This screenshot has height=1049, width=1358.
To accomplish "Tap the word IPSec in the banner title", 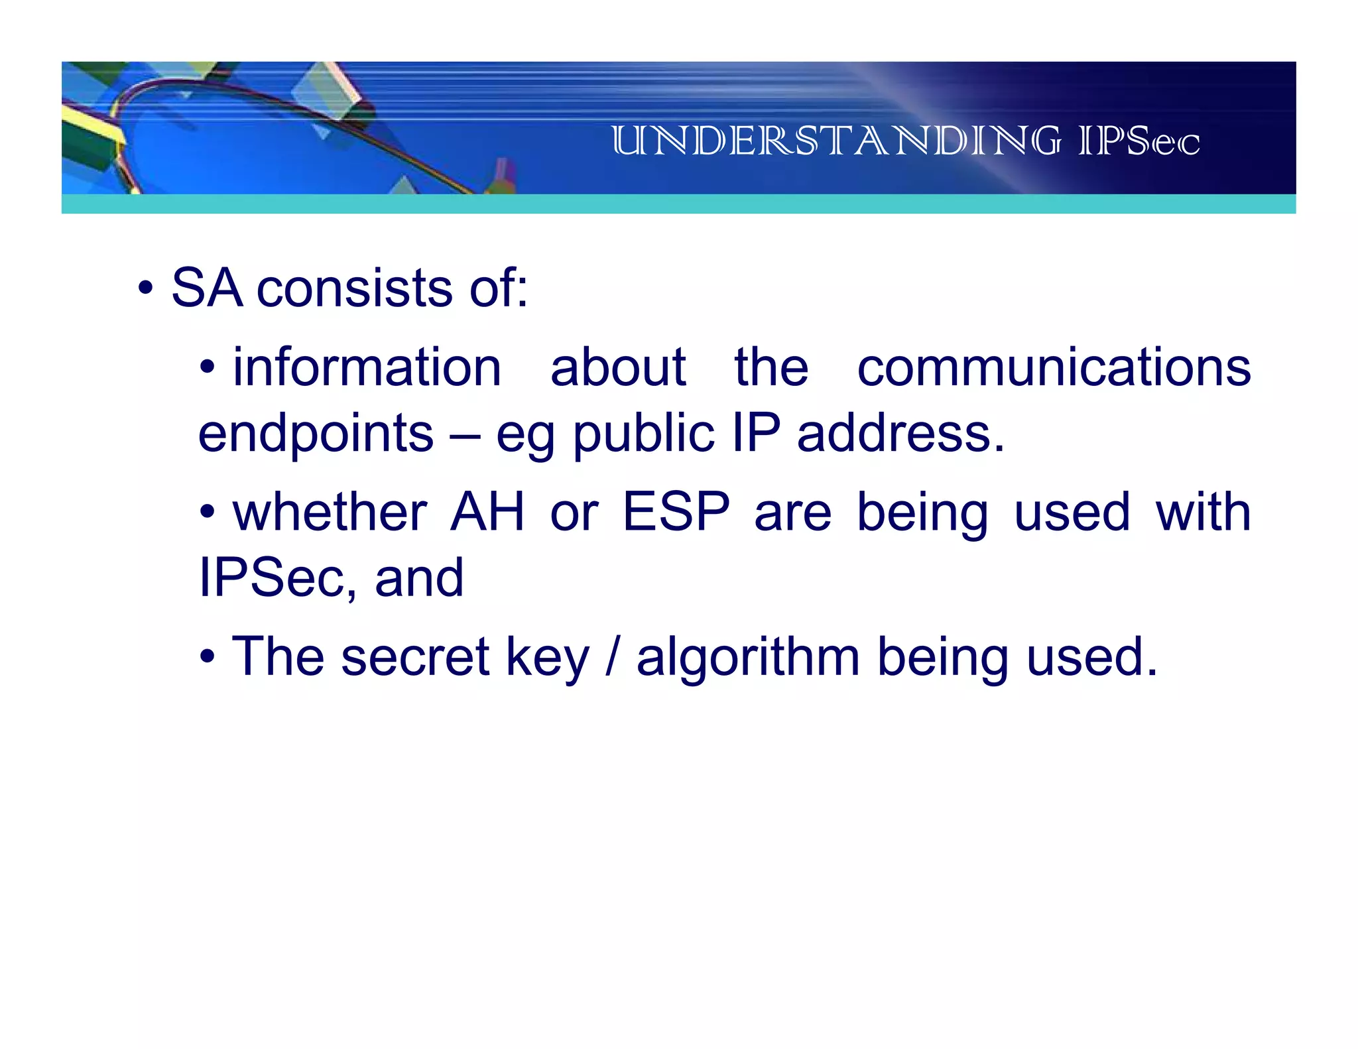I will [1139, 141].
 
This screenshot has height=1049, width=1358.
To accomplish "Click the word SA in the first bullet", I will [206, 288].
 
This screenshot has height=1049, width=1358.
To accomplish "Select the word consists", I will [355, 288].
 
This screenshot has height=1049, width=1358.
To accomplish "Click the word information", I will [367, 367].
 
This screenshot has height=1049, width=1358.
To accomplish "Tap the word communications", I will [1054, 367].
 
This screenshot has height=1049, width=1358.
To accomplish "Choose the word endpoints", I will [316, 434].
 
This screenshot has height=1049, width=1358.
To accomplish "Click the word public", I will [643, 434].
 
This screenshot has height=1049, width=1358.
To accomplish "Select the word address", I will [900, 434].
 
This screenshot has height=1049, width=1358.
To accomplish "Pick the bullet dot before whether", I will [208, 512].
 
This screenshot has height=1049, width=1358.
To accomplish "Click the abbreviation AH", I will [487, 512].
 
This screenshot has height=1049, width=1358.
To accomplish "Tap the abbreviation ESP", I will [676, 512].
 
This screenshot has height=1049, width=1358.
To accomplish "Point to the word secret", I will [415, 656].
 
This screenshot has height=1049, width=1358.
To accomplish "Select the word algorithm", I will [748, 656].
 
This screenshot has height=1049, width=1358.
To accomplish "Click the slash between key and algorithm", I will [612, 656].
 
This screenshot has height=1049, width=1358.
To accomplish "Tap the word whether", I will [330, 512].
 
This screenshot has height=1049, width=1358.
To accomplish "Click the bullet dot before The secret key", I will [208, 656].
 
